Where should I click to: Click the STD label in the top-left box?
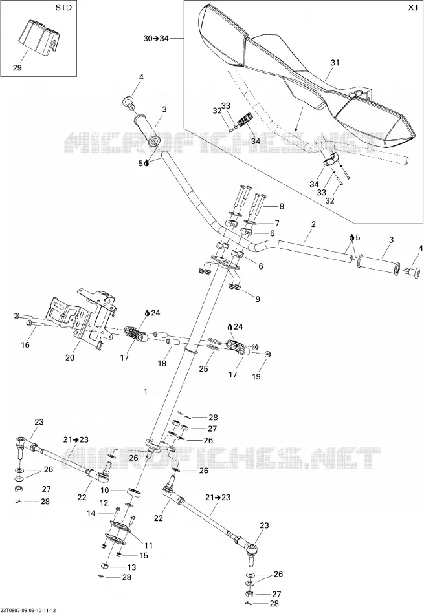(63, 8)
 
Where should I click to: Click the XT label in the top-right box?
(413, 8)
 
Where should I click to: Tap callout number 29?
(17, 68)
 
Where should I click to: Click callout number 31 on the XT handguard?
(335, 63)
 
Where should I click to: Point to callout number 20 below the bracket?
(70, 357)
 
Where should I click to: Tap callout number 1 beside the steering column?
(146, 392)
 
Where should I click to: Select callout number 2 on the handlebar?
(313, 224)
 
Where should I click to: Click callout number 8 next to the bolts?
(281, 206)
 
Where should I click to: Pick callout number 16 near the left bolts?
(25, 345)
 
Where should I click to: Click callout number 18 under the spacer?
(162, 363)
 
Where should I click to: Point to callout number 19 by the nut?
(256, 376)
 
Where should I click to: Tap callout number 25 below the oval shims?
(203, 368)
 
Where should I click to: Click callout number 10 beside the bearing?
(104, 491)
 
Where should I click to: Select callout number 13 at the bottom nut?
(131, 567)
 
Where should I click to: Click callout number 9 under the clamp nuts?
(258, 299)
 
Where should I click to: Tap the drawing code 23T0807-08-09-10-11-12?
(28, 611)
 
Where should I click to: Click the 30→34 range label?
(156, 38)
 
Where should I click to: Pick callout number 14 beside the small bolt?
(91, 513)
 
